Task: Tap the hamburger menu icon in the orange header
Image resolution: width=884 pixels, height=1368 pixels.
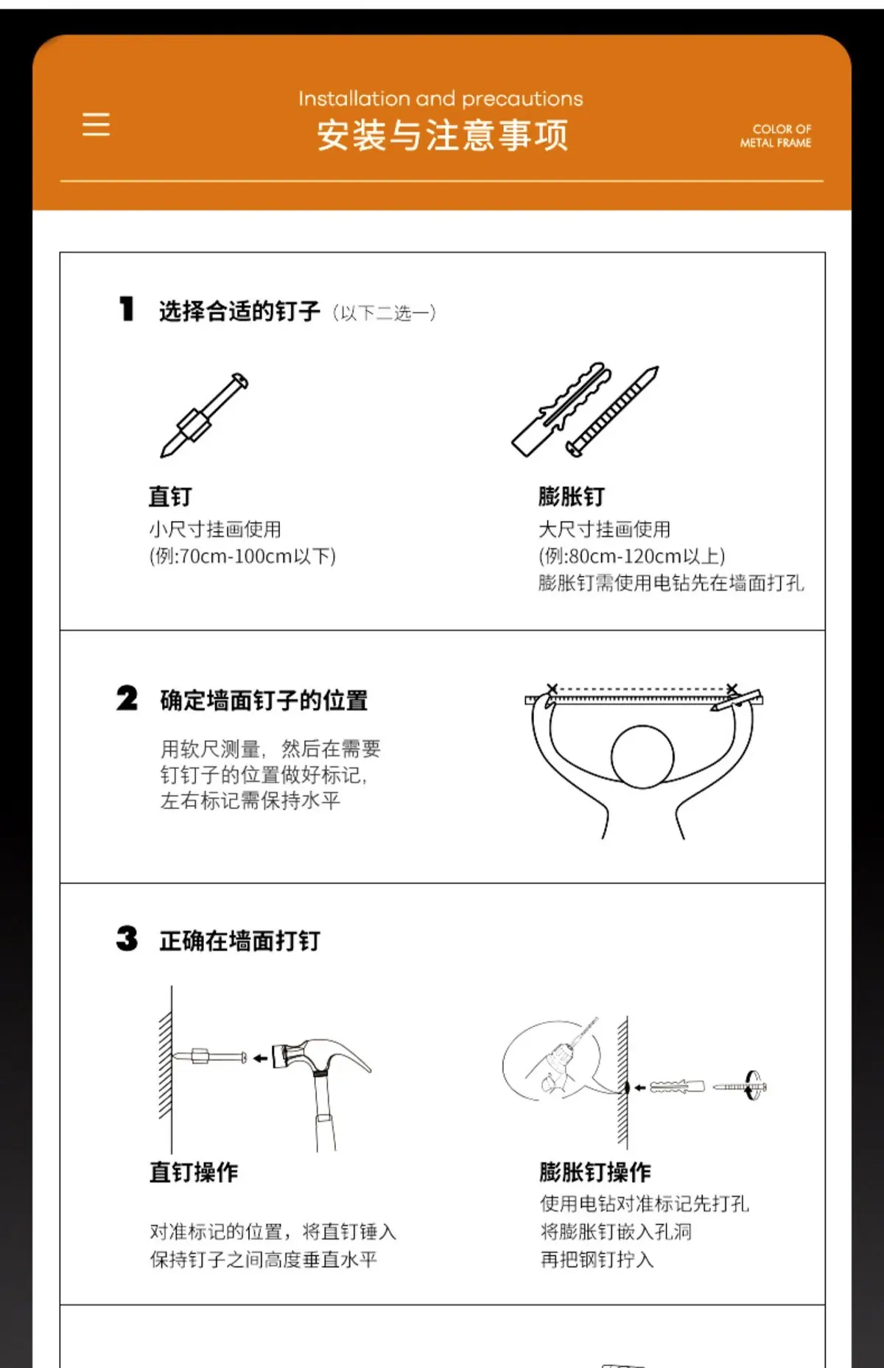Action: pyautogui.click(x=96, y=124)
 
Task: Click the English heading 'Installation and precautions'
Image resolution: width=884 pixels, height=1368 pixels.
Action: pyautogui.click(x=441, y=99)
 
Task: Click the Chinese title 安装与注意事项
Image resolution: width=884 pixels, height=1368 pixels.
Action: pyautogui.click(x=443, y=136)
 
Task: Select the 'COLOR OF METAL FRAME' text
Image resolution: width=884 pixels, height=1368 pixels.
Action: pyautogui.click(x=776, y=136)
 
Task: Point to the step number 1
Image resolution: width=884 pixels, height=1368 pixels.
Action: pyautogui.click(x=127, y=309)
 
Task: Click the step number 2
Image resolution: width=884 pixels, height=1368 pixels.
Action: pyautogui.click(x=127, y=698)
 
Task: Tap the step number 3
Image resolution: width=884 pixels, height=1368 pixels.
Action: pyautogui.click(x=127, y=939)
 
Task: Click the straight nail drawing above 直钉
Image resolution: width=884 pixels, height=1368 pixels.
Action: pyautogui.click(x=204, y=415)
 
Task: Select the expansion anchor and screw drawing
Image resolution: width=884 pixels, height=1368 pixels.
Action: pyautogui.click(x=585, y=410)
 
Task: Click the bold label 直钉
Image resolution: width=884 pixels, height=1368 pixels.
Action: pyautogui.click(x=170, y=497)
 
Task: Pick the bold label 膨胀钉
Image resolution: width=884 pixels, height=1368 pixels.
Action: pyautogui.click(x=572, y=497)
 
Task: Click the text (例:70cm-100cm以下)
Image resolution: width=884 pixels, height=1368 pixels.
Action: pyautogui.click(x=242, y=556)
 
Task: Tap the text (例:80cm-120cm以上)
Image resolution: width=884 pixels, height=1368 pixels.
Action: pyautogui.click(x=632, y=556)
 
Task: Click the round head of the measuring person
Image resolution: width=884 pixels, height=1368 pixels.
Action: pyautogui.click(x=642, y=757)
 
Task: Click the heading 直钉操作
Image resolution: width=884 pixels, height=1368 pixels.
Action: pyautogui.click(x=194, y=1172)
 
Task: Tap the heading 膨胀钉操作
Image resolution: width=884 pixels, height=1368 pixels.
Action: pyautogui.click(x=595, y=1172)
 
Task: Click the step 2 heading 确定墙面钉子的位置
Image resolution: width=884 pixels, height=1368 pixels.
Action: pyautogui.click(x=264, y=700)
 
